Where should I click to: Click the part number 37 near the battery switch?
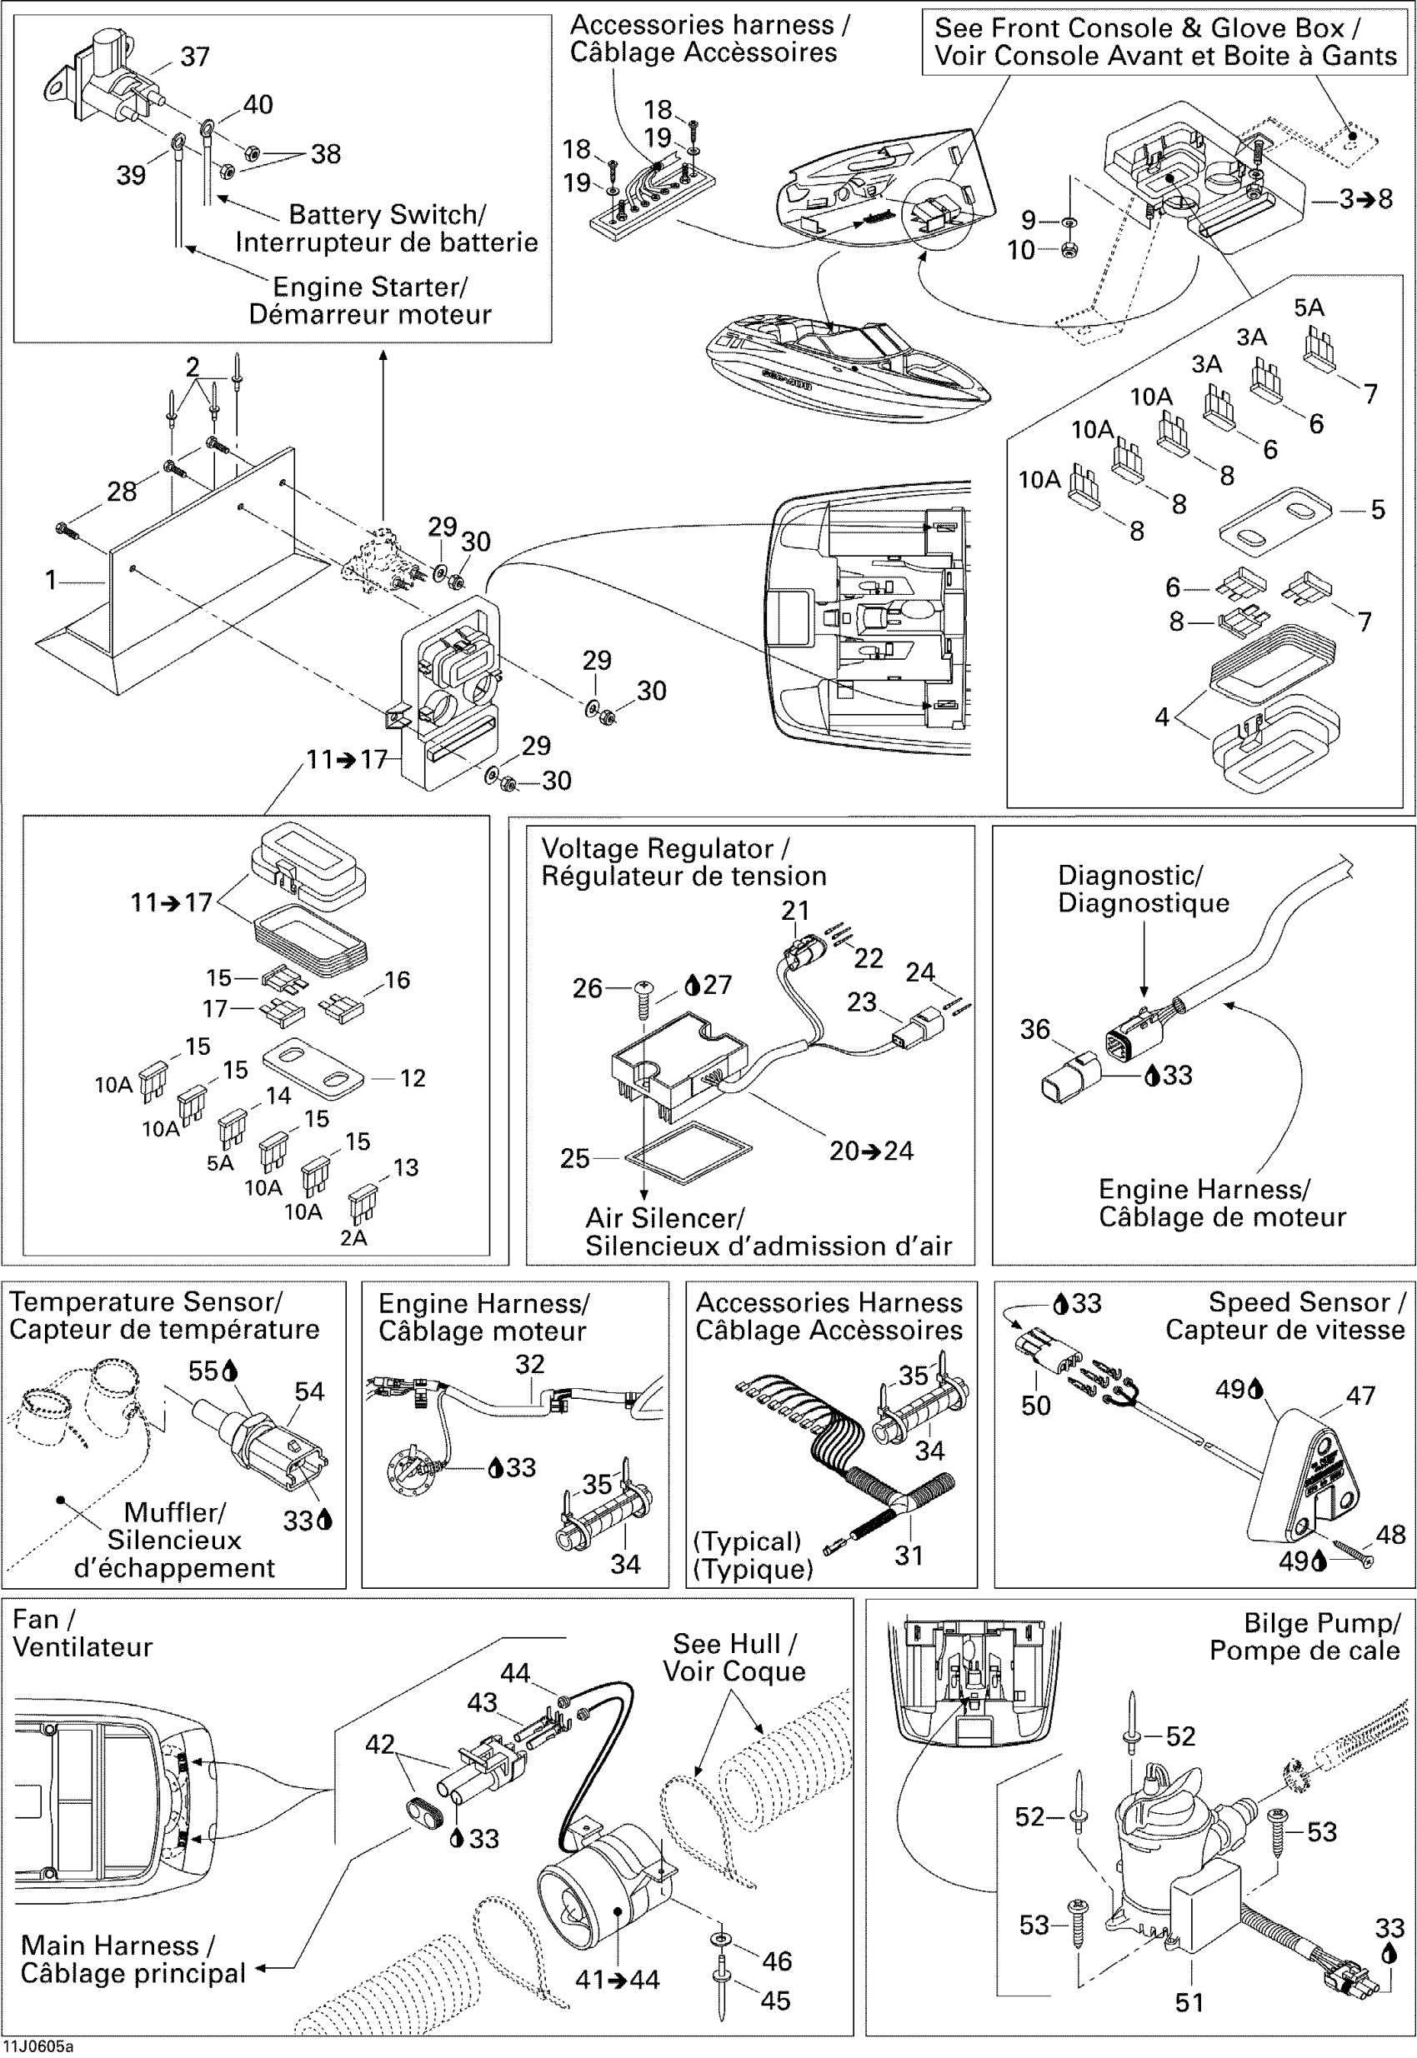point(194,57)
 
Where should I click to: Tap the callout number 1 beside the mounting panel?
point(51,580)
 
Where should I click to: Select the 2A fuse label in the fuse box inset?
point(353,1237)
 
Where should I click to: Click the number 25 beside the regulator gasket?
point(574,1158)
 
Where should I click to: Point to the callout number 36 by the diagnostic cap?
point(1034,1030)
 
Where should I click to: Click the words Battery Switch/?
point(387,215)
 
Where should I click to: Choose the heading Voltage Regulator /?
point(665,848)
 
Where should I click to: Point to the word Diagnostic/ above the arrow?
point(1129,875)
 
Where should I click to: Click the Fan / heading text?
point(43,1620)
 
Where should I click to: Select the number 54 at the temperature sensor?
point(309,1391)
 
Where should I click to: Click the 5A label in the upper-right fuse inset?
point(1309,308)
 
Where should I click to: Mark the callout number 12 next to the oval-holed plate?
point(412,1078)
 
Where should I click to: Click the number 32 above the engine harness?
point(529,1364)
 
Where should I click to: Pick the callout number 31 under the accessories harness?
point(909,1555)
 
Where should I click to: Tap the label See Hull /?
point(734,1644)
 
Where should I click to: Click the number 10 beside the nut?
point(1020,251)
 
